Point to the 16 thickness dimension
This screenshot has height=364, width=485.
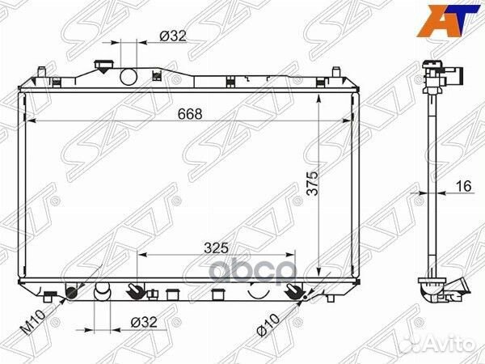click(x=462, y=187)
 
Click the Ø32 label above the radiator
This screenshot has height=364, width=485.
click(x=171, y=36)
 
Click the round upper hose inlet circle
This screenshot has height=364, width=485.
click(x=129, y=78)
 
